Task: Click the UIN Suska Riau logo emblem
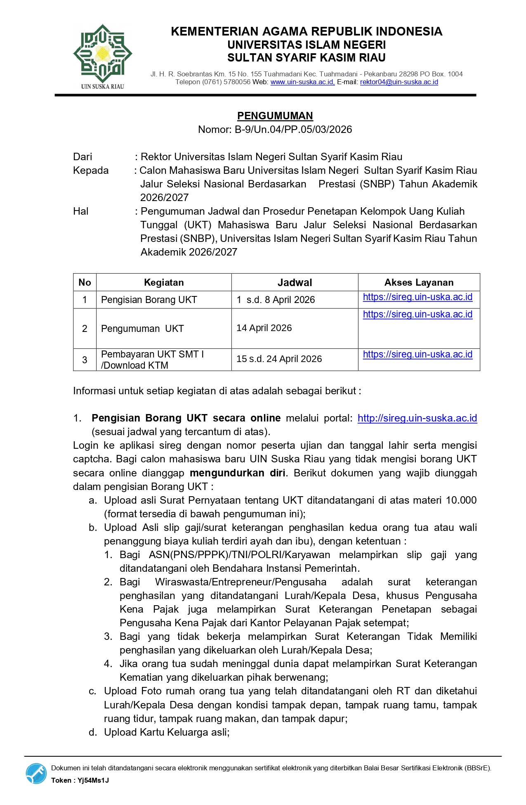[x=102, y=54]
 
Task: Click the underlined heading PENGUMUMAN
[x=275, y=116]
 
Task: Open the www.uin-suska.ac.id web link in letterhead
[x=302, y=82]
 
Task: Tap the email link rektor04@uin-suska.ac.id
[x=399, y=82]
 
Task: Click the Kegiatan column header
[x=164, y=282]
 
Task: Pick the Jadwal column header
[x=295, y=282]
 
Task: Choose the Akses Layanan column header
[x=419, y=282]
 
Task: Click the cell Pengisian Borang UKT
[x=149, y=300]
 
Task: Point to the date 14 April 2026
[x=264, y=328]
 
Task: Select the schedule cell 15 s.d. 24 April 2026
[x=279, y=359]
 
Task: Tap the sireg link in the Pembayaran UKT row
[x=417, y=355]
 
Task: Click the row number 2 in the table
[x=85, y=329]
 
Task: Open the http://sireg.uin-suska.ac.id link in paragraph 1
[x=417, y=418]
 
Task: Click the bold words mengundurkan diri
[x=238, y=473]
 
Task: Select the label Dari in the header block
[x=83, y=157]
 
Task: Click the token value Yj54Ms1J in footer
[x=93, y=780]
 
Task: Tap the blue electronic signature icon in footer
[x=36, y=773]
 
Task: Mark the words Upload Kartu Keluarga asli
[x=166, y=732]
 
